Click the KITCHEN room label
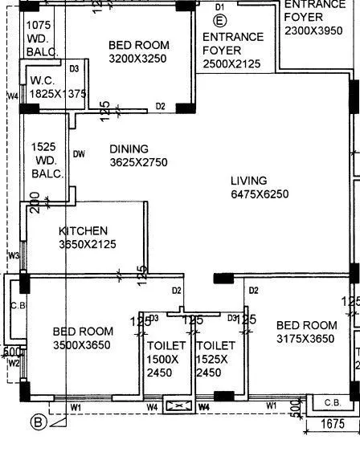(x=83, y=231)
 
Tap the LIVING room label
(x=248, y=181)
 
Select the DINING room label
(x=129, y=149)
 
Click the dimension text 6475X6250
(x=259, y=194)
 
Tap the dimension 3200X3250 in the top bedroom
(x=138, y=59)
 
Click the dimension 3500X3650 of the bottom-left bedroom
(x=82, y=345)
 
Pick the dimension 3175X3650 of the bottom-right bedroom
(x=305, y=340)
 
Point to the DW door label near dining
(x=78, y=154)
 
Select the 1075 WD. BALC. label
(x=43, y=38)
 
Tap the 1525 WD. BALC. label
(x=47, y=161)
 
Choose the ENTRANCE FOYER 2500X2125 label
(x=232, y=50)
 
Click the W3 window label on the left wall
(x=14, y=256)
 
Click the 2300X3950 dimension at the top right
(x=313, y=31)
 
